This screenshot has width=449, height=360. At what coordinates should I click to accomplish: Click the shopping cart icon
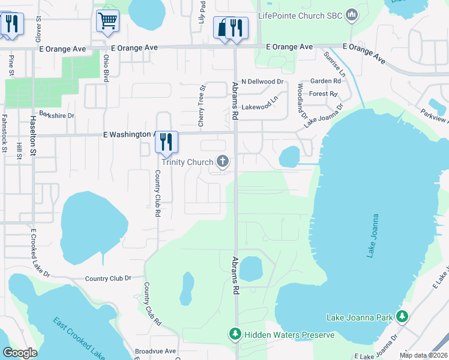(107, 20)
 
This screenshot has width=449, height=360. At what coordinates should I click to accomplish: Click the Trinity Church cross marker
(223, 161)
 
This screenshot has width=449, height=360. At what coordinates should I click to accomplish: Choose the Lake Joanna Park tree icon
(402, 316)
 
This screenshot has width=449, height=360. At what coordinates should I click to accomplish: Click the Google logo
(20, 353)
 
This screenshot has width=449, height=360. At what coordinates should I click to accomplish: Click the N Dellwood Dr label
(262, 82)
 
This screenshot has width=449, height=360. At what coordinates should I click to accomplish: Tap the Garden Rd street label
(325, 81)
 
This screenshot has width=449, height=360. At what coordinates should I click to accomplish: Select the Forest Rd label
(323, 94)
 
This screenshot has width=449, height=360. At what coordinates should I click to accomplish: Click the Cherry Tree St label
(202, 106)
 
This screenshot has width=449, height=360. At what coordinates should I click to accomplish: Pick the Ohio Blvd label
(106, 68)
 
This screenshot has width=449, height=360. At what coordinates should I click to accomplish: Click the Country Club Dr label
(108, 278)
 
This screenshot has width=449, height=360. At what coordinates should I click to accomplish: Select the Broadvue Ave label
(155, 351)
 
